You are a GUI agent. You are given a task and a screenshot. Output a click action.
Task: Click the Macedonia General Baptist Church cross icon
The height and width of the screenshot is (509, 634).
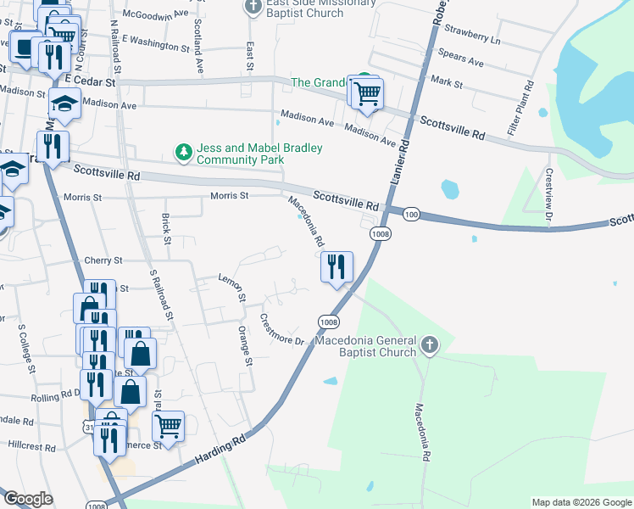pyautogui.click(x=430, y=345)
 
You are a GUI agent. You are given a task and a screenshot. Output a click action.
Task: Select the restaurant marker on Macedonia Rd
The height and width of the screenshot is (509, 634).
pyautogui.click(x=337, y=267)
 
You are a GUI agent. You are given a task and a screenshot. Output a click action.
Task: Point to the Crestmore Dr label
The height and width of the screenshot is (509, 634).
pyautogui.click(x=282, y=331)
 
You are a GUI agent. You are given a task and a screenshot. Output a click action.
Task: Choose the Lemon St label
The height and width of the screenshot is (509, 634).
pyautogui.click(x=231, y=288)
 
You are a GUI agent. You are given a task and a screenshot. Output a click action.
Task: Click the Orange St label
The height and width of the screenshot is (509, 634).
pyautogui.click(x=246, y=345)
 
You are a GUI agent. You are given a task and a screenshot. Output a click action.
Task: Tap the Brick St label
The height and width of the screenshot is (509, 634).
pyautogui.click(x=165, y=229)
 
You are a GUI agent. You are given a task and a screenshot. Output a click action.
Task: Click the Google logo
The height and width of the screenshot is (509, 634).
pyautogui.click(x=28, y=500)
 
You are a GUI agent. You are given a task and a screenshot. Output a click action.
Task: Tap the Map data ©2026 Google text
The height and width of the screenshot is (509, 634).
pyautogui.click(x=581, y=502)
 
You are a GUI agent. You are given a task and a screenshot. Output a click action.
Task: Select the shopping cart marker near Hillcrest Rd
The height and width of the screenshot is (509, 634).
pyautogui.click(x=169, y=427)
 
